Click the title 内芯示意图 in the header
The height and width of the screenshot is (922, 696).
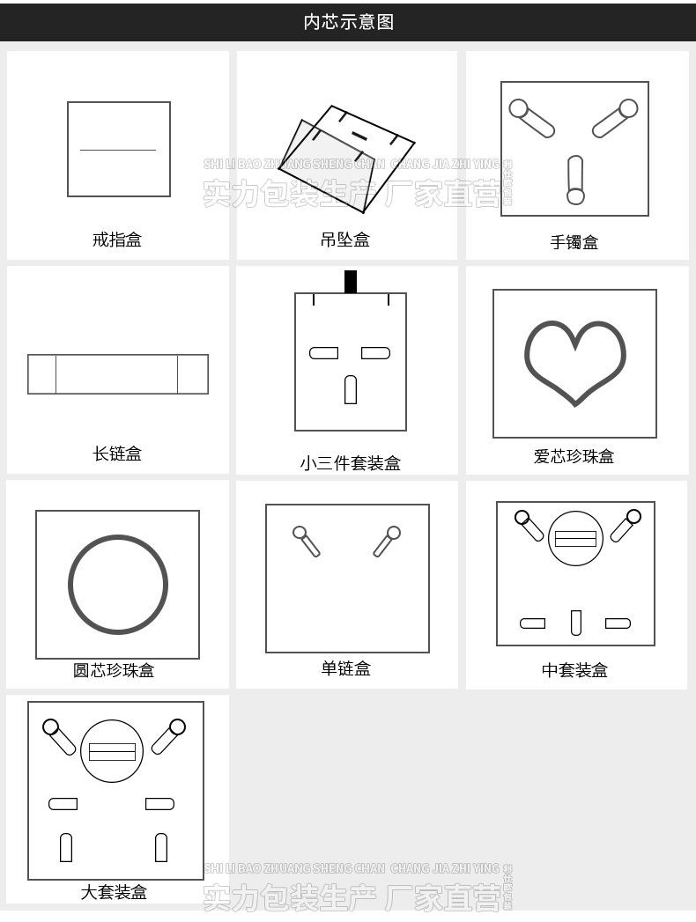[x=348, y=22]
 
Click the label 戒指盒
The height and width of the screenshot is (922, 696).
[x=116, y=239]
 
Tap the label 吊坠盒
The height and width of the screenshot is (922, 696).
[x=345, y=239]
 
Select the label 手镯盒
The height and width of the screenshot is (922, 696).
[x=574, y=242]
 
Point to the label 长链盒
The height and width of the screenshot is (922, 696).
[x=116, y=454]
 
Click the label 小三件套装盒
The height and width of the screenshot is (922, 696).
[x=350, y=463]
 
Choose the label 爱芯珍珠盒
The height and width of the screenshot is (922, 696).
[x=574, y=456]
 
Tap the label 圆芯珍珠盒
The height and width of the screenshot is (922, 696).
[x=114, y=670]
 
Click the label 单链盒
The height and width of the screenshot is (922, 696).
[x=345, y=668]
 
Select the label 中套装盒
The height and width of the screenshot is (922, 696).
[x=574, y=670]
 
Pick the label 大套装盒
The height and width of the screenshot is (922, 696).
[x=114, y=892]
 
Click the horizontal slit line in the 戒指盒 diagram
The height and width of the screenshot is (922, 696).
[x=118, y=150]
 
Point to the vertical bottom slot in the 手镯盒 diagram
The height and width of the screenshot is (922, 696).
[x=575, y=180]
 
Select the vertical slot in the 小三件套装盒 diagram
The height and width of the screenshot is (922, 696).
[x=350, y=389]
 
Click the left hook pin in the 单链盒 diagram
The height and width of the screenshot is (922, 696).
[x=306, y=540]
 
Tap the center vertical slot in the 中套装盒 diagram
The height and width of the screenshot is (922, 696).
[x=575, y=623]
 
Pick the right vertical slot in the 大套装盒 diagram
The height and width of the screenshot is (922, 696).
[x=161, y=846]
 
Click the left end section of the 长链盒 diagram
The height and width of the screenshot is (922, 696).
[x=42, y=374]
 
